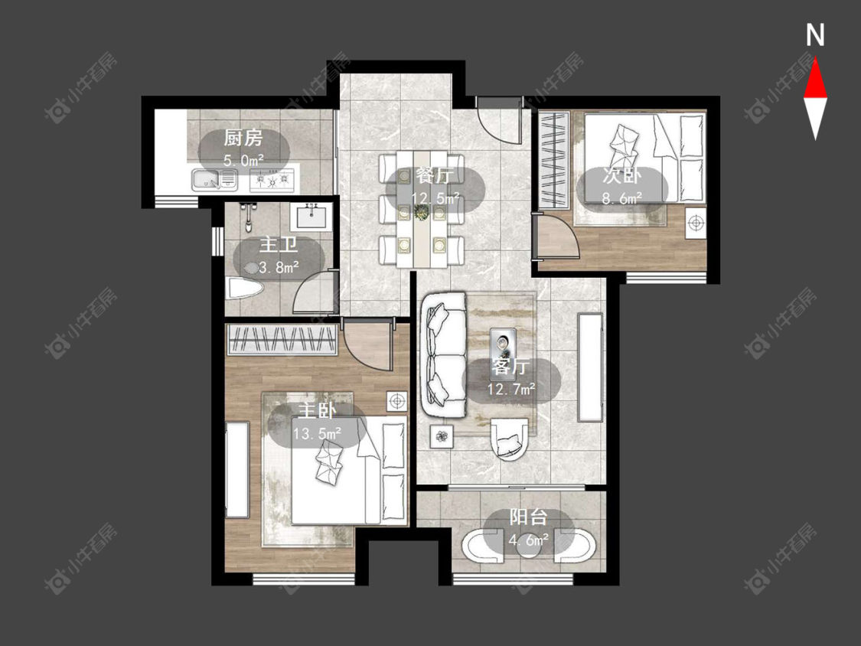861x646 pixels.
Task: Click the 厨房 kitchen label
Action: pyautogui.click(x=243, y=138)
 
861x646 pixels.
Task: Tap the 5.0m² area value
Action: pyautogui.click(x=243, y=161)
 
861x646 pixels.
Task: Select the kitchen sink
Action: pyautogui.click(x=214, y=179)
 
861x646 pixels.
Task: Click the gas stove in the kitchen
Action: pyautogui.click(x=272, y=180)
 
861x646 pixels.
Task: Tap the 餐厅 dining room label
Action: pyautogui.click(x=435, y=176)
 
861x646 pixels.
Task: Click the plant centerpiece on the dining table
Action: pyautogui.click(x=422, y=213)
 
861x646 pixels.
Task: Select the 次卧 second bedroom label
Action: pyautogui.click(x=621, y=176)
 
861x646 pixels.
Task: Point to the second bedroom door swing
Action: pyautogui.click(x=559, y=237)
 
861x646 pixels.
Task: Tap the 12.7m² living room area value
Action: pyautogui.click(x=511, y=389)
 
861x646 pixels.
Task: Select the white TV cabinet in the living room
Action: pyautogui.click(x=590, y=367)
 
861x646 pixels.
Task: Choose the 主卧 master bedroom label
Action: pyautogui.click(x=318, y=411)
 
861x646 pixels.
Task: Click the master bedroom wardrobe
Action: pyautogui.click(x=282, y=340)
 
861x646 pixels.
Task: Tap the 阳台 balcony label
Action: pyautogui.click(x=528, y=517)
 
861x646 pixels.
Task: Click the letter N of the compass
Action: pyautogui.click(x=815, y=35)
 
